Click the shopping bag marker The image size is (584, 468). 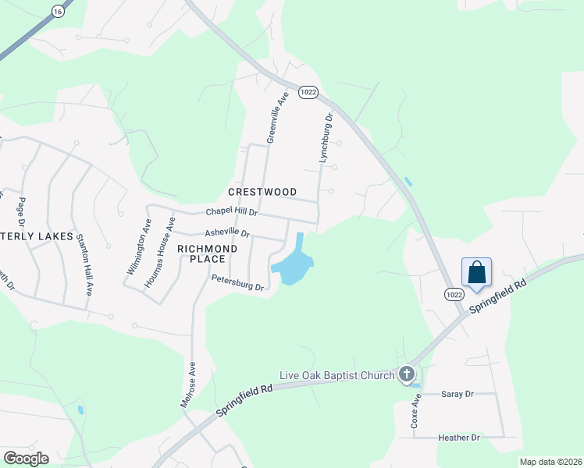[x=477, y=273]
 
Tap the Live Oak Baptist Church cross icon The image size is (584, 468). [x=406, y=375]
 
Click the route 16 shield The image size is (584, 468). [x=57, y=11]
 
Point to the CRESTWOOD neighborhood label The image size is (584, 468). [x=262, y=192]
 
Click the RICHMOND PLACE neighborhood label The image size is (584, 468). [x=207, y=253]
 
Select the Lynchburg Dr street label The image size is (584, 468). [x=326, y=137]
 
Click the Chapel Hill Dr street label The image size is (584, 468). [x=231, y=212]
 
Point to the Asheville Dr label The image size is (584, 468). [x=226, y=233]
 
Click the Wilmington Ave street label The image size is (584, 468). [x=139, y=246]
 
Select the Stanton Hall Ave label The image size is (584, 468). [x=83, y=266]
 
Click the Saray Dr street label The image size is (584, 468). [x=458, y=395]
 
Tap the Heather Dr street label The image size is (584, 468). [x=459, y=438]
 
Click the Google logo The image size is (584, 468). [x=26, y=459]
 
